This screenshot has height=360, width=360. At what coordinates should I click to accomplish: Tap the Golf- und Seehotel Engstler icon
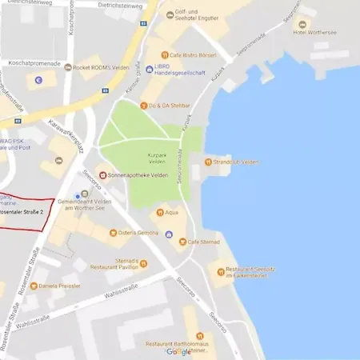pos(170,15)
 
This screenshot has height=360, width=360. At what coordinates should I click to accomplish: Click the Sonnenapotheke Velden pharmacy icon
pos(102,175)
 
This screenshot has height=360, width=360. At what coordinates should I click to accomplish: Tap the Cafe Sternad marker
pos(183,241)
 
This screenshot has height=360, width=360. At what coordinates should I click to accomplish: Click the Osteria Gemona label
pos(134,232)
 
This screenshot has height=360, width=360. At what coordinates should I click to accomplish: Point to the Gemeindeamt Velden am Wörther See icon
pos(78,195)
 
